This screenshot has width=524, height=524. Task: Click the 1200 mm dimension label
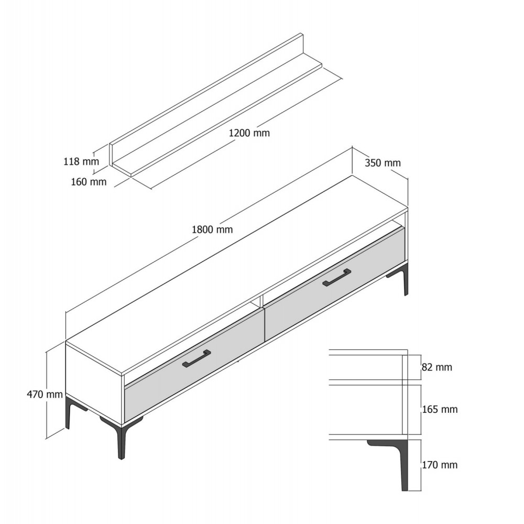249,133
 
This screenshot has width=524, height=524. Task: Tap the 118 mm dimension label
81,161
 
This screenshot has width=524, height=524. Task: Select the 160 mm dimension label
89,182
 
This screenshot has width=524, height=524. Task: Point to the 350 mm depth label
383,163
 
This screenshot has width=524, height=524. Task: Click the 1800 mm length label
212,230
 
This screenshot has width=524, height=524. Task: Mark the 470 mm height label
45,395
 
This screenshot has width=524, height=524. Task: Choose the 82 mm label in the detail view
437,367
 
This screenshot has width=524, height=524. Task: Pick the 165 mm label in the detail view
440,409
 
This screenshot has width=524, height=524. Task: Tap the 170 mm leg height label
440,464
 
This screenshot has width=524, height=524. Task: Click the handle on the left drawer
196,358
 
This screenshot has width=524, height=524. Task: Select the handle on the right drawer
337,278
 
